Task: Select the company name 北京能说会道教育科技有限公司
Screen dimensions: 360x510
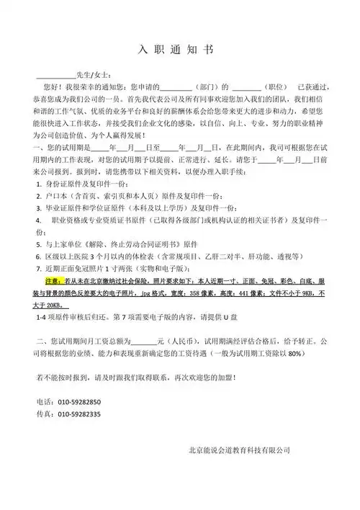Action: click(x=239, y=449)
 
